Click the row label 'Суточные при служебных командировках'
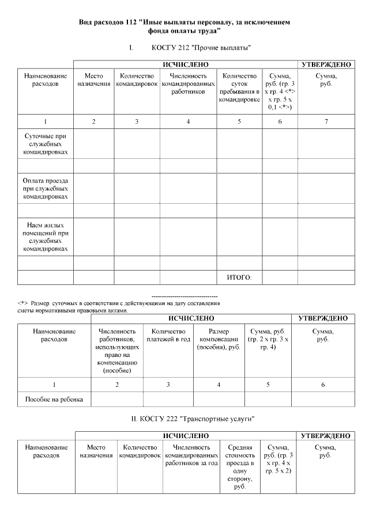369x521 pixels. [x=46, y=143]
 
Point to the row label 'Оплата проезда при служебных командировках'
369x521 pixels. [x=46, y=188]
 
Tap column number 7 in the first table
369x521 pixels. [x=326, y=121]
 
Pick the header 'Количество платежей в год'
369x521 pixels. [x=168, y=336]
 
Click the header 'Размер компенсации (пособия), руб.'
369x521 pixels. [x=219, y=340]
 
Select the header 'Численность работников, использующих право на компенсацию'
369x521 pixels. [x=117, y=351]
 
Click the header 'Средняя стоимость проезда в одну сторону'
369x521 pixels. [x=240, y=467]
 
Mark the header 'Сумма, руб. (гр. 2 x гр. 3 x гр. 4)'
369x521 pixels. [x=268, y=340]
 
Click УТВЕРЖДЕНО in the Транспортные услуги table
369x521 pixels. [x=325, y=436]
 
